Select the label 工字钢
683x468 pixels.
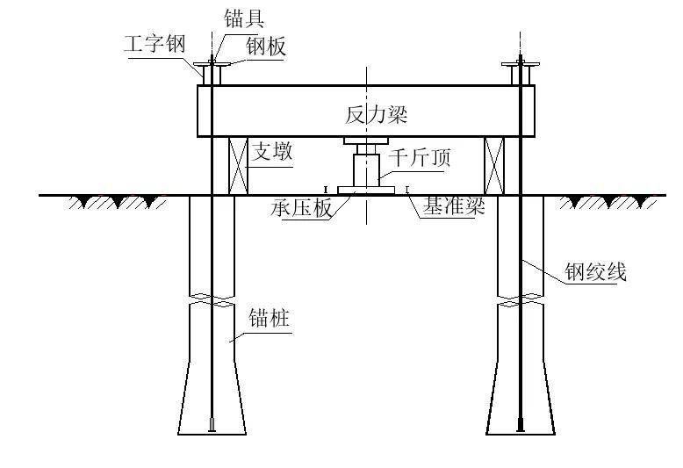(x=156, y=44)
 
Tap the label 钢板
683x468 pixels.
(x=264, y=47)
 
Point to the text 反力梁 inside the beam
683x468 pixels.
(x=376, y=114)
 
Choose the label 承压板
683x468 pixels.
(x=301, y=212)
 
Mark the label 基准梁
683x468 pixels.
(x=455, y=207)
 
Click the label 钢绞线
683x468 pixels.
(x=595, y=272)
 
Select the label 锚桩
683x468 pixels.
(x=270, y=318)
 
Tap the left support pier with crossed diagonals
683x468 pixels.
(x=238, y=166)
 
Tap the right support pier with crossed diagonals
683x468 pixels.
(x=495, y=166)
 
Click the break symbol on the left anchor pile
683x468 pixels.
(x=212, y=299)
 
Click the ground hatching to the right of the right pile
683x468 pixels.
(x=613, y=202)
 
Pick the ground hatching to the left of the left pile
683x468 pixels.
(x=119, y=202)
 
